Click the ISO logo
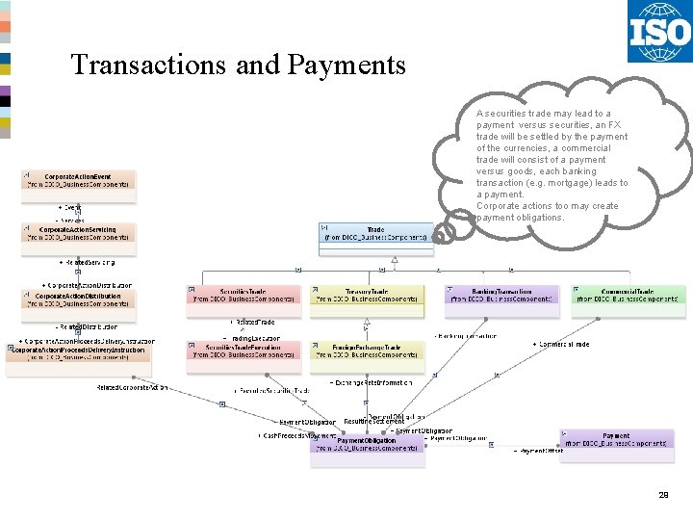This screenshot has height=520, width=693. pos(659,32)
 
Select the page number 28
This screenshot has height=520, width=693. pos(663,494)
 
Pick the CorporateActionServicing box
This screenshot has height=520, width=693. pos(80,234)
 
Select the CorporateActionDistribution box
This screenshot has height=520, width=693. pos(80,300)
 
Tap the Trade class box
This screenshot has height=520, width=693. pos(375,236)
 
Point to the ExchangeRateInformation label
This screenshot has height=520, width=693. pos(372,382)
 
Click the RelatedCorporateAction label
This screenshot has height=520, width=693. pos(132,387)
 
